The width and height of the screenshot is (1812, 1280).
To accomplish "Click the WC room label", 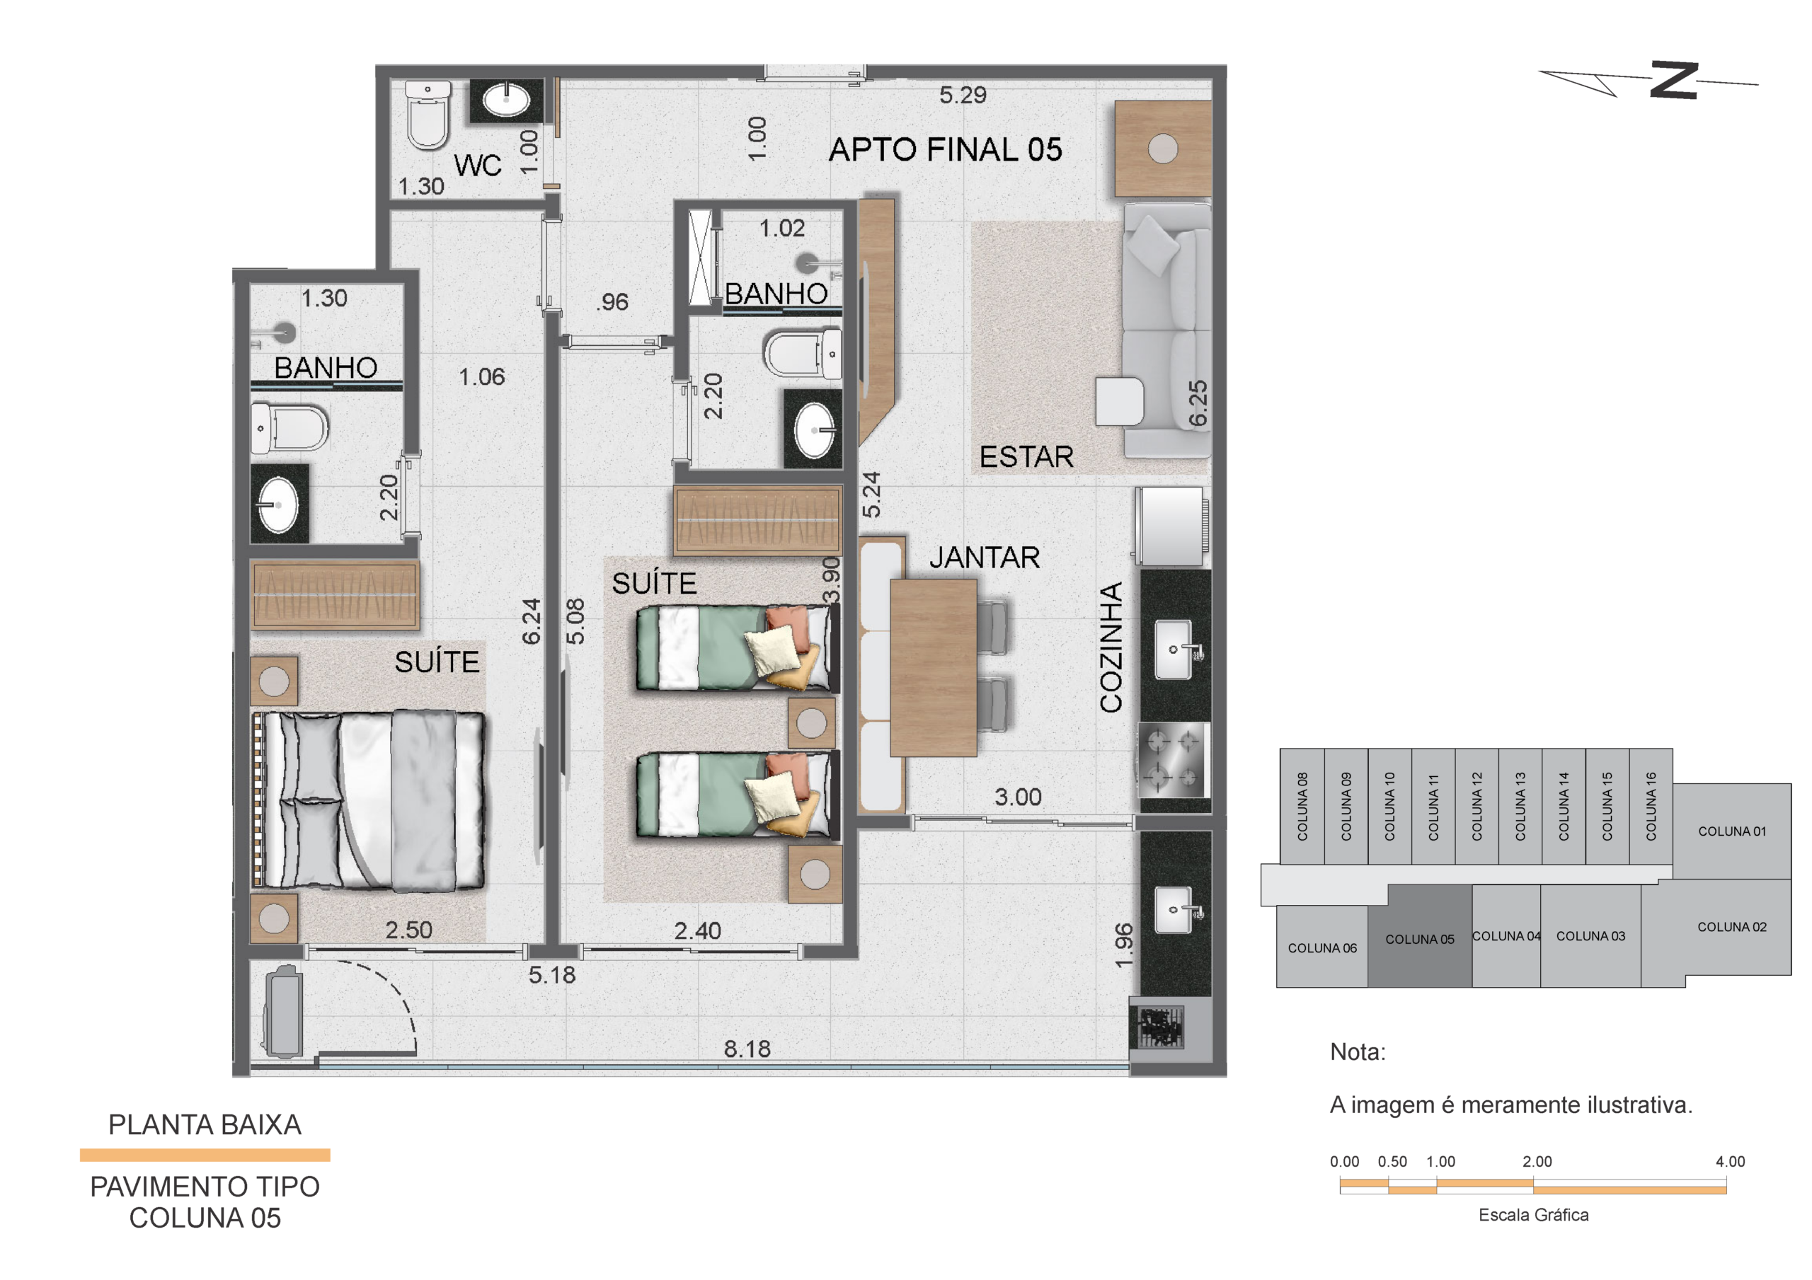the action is pyautogui.click(x=478, y=166).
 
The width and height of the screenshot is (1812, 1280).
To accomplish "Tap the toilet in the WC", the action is pyautogui.click(x=428, y=115).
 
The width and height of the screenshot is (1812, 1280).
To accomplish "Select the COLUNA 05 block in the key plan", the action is pyautogui.click(x=1420, y=936).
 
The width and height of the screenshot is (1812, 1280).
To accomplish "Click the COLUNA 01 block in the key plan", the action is pyautogui.click(x=1731, y=831).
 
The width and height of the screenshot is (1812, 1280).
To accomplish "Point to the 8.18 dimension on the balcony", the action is pyautogui.click(x=747, y=1049).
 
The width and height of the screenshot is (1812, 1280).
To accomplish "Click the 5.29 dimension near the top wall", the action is pyautogui.click(x=962, y=96).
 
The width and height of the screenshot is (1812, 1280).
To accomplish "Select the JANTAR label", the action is pyautogui.click(x=984, y=558).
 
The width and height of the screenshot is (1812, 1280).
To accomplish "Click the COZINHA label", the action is pyautogui.click(x=1111, y=647).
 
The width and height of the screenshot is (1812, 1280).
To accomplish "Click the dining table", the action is pyautogui.click(x=934, y=668).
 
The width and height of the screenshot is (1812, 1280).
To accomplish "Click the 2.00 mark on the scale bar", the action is pyautogui.click(x=1537, y=1162).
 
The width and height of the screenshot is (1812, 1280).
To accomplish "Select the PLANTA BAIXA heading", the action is pyautogui.click(x=205, y=1124).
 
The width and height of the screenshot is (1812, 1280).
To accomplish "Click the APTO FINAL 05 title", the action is pyautogui.click(x=945, y=150).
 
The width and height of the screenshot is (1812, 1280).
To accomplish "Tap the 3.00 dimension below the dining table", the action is pyautogui.click(x=1017, y=797).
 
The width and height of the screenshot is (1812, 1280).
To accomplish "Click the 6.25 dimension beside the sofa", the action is pyautogui.click(x=1198, y=403).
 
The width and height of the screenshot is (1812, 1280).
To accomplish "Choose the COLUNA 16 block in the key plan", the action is pyautogui.click(x=1650, y=806).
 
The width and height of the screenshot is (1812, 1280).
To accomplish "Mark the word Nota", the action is pyautogui.click(x=1358, y=1052).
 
